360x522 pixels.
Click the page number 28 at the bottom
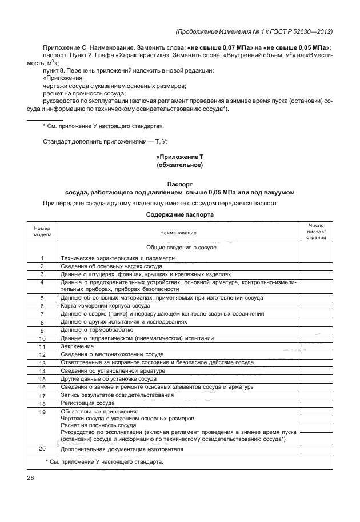(30, 477)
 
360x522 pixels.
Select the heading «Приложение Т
(180, 156)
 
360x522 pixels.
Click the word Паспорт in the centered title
(180, 184)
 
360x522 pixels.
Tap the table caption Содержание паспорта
(180, 215)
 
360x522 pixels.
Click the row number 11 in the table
(42, 346)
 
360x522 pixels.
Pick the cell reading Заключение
(76, 346)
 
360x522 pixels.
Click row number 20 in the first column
(42, 448)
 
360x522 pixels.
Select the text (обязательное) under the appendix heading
(180, 165)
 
